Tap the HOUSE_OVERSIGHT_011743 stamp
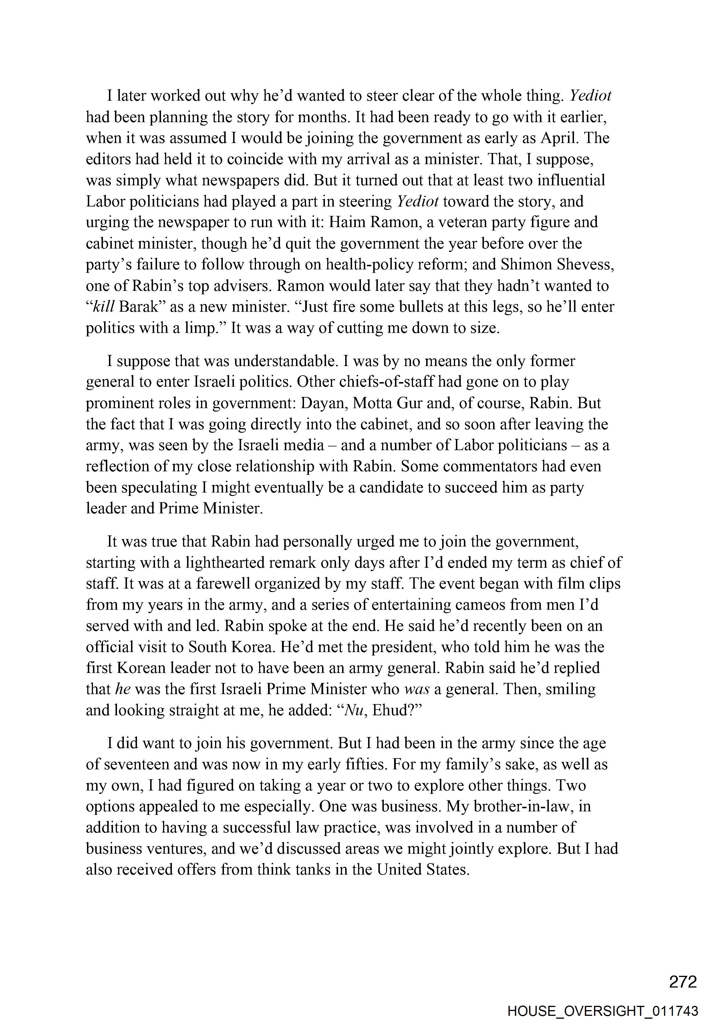[x=603, y=1011]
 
